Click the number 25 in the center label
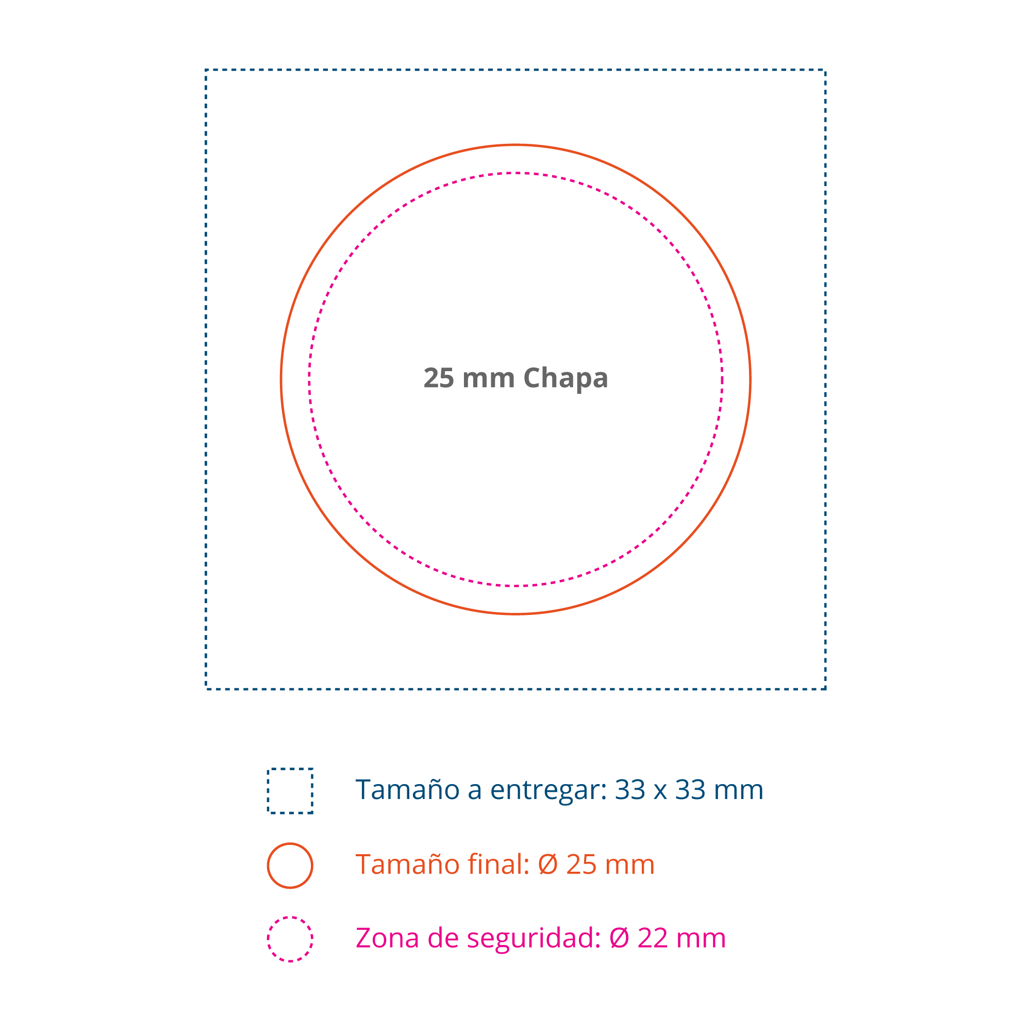coord(439,378)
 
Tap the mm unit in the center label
coord(488,378)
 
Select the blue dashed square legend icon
coord(290,791)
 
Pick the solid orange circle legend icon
coord(290,866)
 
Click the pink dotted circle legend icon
coord(290,939)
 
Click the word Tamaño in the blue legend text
coord(407,790)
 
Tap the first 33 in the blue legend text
coord(630,790)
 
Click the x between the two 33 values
coord(660,791)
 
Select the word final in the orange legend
coord(498,864)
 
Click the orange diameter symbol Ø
coord(548,864)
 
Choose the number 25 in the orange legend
coord(581,864)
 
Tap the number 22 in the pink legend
coord(652,938)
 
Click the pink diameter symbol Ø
coord(619,938)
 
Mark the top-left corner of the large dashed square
coord(206,70)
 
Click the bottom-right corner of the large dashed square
coord(825,689)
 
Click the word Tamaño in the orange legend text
coord(407,864)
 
